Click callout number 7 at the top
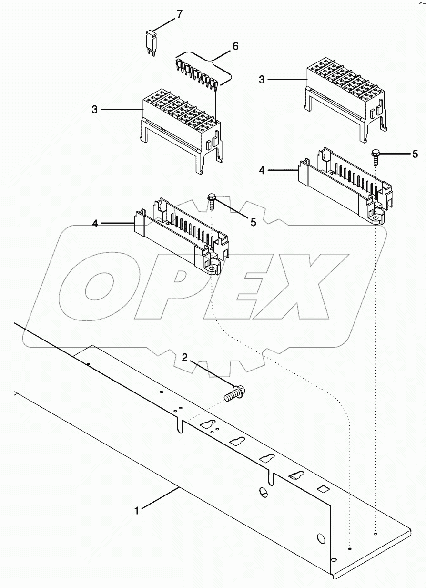[179, 14]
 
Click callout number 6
[234, 46]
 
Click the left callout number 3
[95, 110]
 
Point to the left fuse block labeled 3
[181, 126]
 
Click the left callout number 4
[95, 223]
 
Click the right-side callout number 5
[414, 154]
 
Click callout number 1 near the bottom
[137, 510]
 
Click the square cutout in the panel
[323, 489]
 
